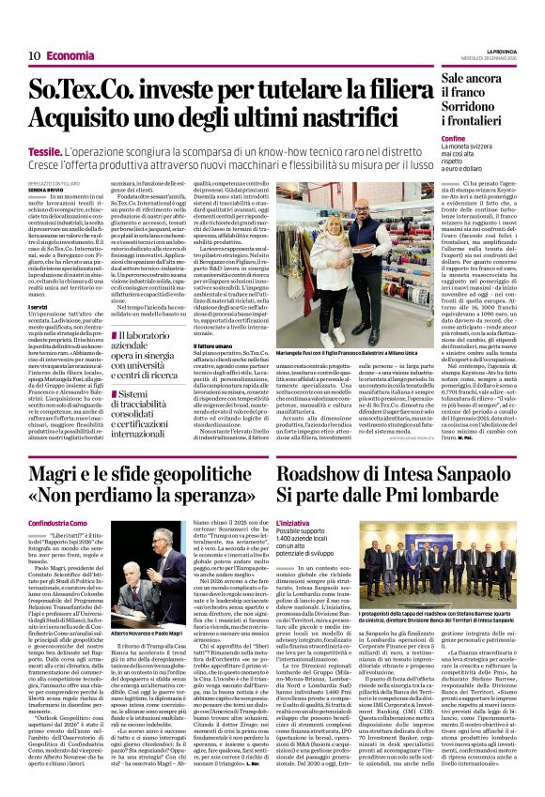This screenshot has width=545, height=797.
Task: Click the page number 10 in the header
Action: coord(33,55)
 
